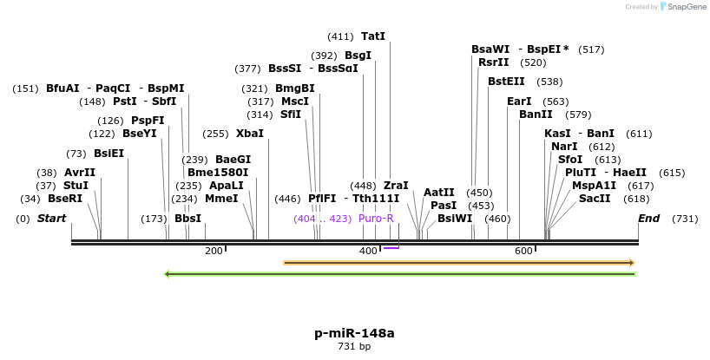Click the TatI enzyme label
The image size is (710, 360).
coord(373,36)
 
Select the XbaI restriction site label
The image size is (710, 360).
coord(250,134)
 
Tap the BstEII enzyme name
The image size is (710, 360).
coord(506,82)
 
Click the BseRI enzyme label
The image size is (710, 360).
coord(65,199)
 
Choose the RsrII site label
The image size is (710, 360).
coord(494,62)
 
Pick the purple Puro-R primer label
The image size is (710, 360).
coord(376,219)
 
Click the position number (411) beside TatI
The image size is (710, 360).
coord(340,36)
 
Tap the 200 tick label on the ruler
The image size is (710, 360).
coord(214,251)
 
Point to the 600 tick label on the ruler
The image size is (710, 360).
coord(523,251)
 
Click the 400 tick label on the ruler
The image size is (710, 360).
coord(368,251)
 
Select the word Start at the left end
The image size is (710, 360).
coord(51,219)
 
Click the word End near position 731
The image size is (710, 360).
coord(649,219)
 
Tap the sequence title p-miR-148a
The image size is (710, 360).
coord(354,333)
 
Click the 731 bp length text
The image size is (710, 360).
coord(354,347)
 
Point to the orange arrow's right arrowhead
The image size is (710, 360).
coord(632,262)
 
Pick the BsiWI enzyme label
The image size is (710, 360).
coord(455,219)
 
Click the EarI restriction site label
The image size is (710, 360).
coord(519,101)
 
